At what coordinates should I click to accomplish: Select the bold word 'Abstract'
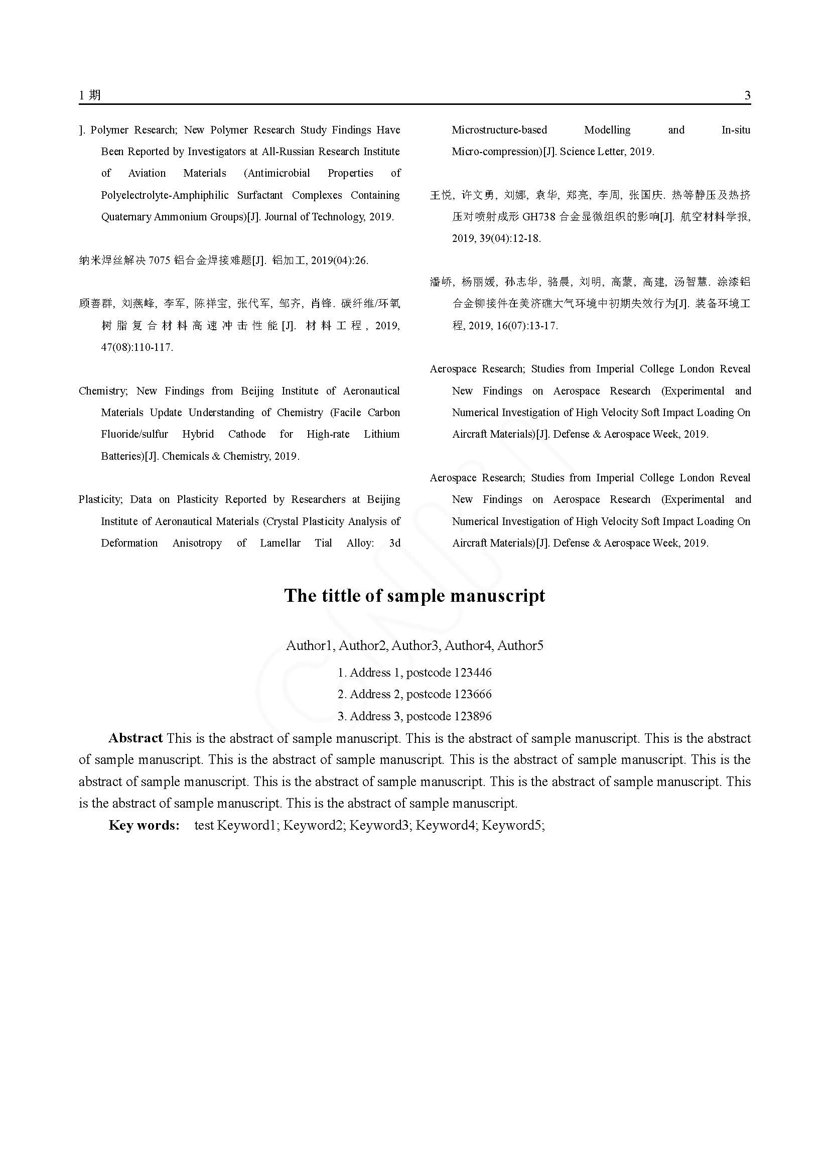pos(135,738)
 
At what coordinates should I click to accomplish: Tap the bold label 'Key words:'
pos(144,825)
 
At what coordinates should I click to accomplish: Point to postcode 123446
pos(473,673)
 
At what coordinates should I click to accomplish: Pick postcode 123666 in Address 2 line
pos(473,694)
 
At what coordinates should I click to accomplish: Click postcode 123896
pos(473,716)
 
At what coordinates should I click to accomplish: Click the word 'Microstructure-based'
pos(499,130)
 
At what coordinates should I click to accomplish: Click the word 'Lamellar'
pos(280,543)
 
